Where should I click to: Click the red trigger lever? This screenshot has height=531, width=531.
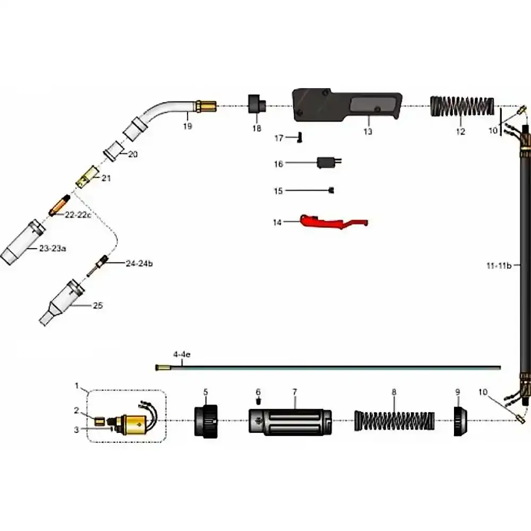pyautogui.click(x=333, y=222)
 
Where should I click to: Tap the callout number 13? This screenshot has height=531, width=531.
pyautogui.click(x=368, y=131)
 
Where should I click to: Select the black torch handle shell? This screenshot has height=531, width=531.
pyautogui.click(x=347, y=105)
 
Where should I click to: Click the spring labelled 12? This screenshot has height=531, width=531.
pyautogui.click(x=462, y=106)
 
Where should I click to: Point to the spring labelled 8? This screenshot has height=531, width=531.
pyautogui.click(x=394, y=421)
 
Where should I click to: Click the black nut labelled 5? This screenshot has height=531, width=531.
pyautogui.click(x=206, y=421)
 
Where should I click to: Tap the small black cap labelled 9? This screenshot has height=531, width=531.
pyautogui.click(x=460, y=421)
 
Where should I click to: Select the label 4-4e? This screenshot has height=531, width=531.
pyautogui.click(x=182, y=355)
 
